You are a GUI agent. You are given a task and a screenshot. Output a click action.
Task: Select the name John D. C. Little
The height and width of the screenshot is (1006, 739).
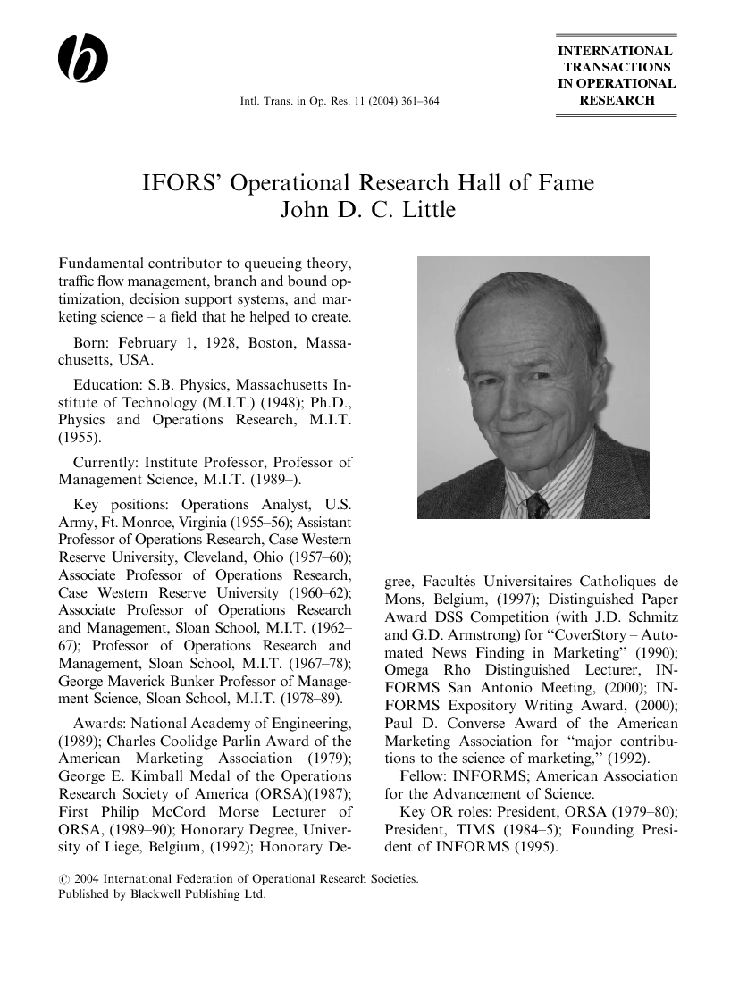[369, 211]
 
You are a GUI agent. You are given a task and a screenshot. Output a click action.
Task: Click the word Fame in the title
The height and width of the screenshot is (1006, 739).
[565, 184]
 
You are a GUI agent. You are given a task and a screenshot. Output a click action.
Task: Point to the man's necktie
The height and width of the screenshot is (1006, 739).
[538, 507]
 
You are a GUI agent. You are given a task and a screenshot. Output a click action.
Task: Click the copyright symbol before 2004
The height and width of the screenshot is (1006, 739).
[63, 879]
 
